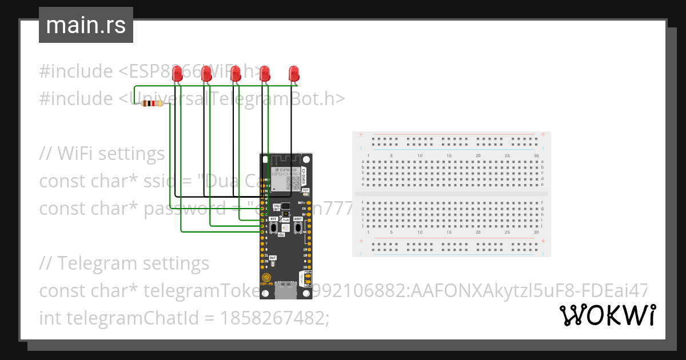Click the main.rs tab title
pyautogui.click(x=86, y=25)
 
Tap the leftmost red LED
pyautogui.click(x=178, y=73)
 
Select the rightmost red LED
pyautogui.click(x=294, y=73)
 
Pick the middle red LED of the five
pyautogui.click(x=235, y=73)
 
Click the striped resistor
pyautogui.click(x=152, y=103)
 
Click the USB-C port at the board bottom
pyautogui.click(x=286, y=291)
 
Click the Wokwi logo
pyautogui.click(x=607, y=315)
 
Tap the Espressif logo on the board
pyautogui.click(x=266, y=278)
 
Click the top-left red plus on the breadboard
pyautogui.click(x=361, y=135)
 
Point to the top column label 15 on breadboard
pyautogui.click(x=449, y=156)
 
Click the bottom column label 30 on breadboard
pyautogui.click(x=536, y=233)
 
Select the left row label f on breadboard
pyautogui.click(x=364, y=203)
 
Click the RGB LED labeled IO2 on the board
pyautogui.click(x=285, y=227)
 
